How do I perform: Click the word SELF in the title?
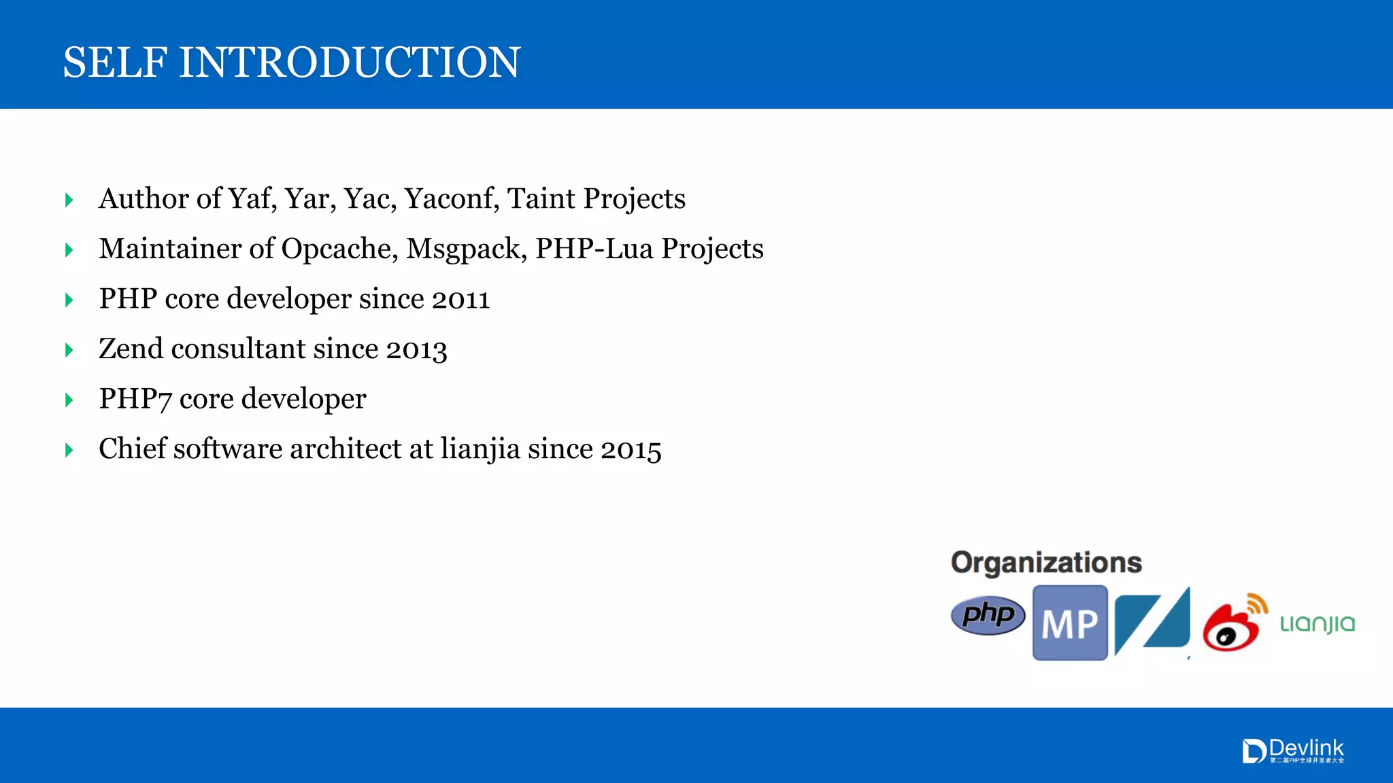point(115,63)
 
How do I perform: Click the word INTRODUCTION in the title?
point(350,63)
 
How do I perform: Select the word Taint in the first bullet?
point(541,199)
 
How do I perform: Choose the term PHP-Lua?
point(594,249)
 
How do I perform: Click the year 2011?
point(460,300)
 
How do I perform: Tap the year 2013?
point(417,350)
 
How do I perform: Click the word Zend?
point(131,349)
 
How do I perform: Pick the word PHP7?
point(135,400)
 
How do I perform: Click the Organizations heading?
point(1046,563)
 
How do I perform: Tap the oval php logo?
point(988,615)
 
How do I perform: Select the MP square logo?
point(1070,623)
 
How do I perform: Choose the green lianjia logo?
point(1318,624)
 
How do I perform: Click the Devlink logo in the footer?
point(1293,751)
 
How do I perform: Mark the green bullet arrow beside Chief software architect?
point(69,450)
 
